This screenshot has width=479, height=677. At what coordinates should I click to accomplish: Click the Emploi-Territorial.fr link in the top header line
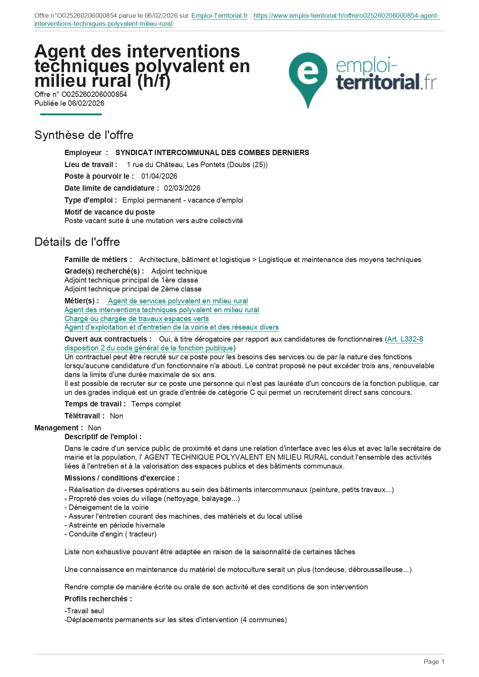coord(219,16)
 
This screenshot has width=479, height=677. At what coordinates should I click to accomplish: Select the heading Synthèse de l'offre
coord(84,135)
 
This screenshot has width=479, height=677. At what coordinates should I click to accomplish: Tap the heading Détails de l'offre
coord(77,242)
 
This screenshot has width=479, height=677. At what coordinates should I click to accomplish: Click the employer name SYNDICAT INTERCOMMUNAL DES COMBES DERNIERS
coord(212,153)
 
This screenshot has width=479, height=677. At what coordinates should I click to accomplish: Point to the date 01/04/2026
coord(159,176)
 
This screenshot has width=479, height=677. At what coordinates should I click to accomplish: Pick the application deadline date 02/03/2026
coord(182,188)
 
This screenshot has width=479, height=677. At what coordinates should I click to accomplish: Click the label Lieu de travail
coord(91,165)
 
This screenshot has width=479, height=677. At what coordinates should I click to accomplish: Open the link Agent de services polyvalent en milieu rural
coord(178,301)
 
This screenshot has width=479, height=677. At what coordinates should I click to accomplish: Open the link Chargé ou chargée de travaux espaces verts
coord(137,319)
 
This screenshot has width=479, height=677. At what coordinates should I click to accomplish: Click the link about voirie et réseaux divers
coord(171,327)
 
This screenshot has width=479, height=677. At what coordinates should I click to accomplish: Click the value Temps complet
coord(156,404)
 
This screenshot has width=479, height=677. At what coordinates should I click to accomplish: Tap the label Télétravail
coord(84,416)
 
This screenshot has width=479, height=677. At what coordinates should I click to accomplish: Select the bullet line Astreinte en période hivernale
coord(115,525)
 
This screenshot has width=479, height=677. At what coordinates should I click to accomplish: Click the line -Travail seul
coord(84,611)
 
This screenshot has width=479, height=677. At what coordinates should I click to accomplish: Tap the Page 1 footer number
coord(434,662)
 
